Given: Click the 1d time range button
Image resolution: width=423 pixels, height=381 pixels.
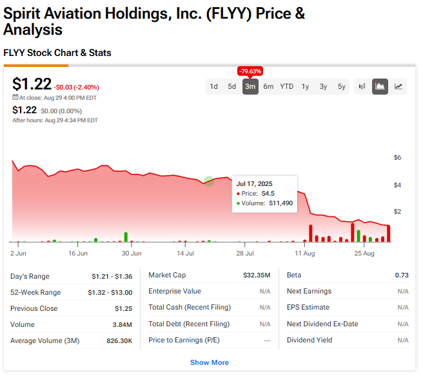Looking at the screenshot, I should [x=214, y=86].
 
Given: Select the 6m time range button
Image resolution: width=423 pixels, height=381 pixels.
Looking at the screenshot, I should [x=268, y=86].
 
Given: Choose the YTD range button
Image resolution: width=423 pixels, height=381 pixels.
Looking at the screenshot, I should [x=286, y=86].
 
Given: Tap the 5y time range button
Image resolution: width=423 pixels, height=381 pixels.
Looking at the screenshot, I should [x=342, y=86].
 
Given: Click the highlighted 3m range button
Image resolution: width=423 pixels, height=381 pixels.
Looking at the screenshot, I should [x=250, y=86].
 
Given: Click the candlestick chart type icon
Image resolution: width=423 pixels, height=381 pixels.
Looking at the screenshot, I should [x=362, y=86].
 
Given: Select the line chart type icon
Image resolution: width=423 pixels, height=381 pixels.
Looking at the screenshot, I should [x=398, y=86].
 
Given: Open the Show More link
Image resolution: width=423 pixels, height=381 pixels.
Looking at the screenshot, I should [x=209, y=362].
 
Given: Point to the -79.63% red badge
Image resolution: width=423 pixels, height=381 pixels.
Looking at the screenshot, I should [x=250, y=71].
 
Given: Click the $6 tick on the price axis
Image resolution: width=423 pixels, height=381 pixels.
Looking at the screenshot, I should [x=397, y=158].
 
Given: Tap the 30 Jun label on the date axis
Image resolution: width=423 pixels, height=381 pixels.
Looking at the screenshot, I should [x=132, y=254].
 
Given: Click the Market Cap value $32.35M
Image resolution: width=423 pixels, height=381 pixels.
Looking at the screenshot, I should [x=257, y=275].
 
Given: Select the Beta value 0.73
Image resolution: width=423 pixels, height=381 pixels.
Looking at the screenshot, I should [x=402, y=275].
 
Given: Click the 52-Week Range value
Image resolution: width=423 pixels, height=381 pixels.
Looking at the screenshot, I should [x=110, y=292].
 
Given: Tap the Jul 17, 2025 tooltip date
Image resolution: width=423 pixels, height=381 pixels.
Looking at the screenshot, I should [x=254, y=183].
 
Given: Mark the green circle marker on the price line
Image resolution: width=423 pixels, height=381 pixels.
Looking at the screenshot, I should [x=209, y=181].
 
